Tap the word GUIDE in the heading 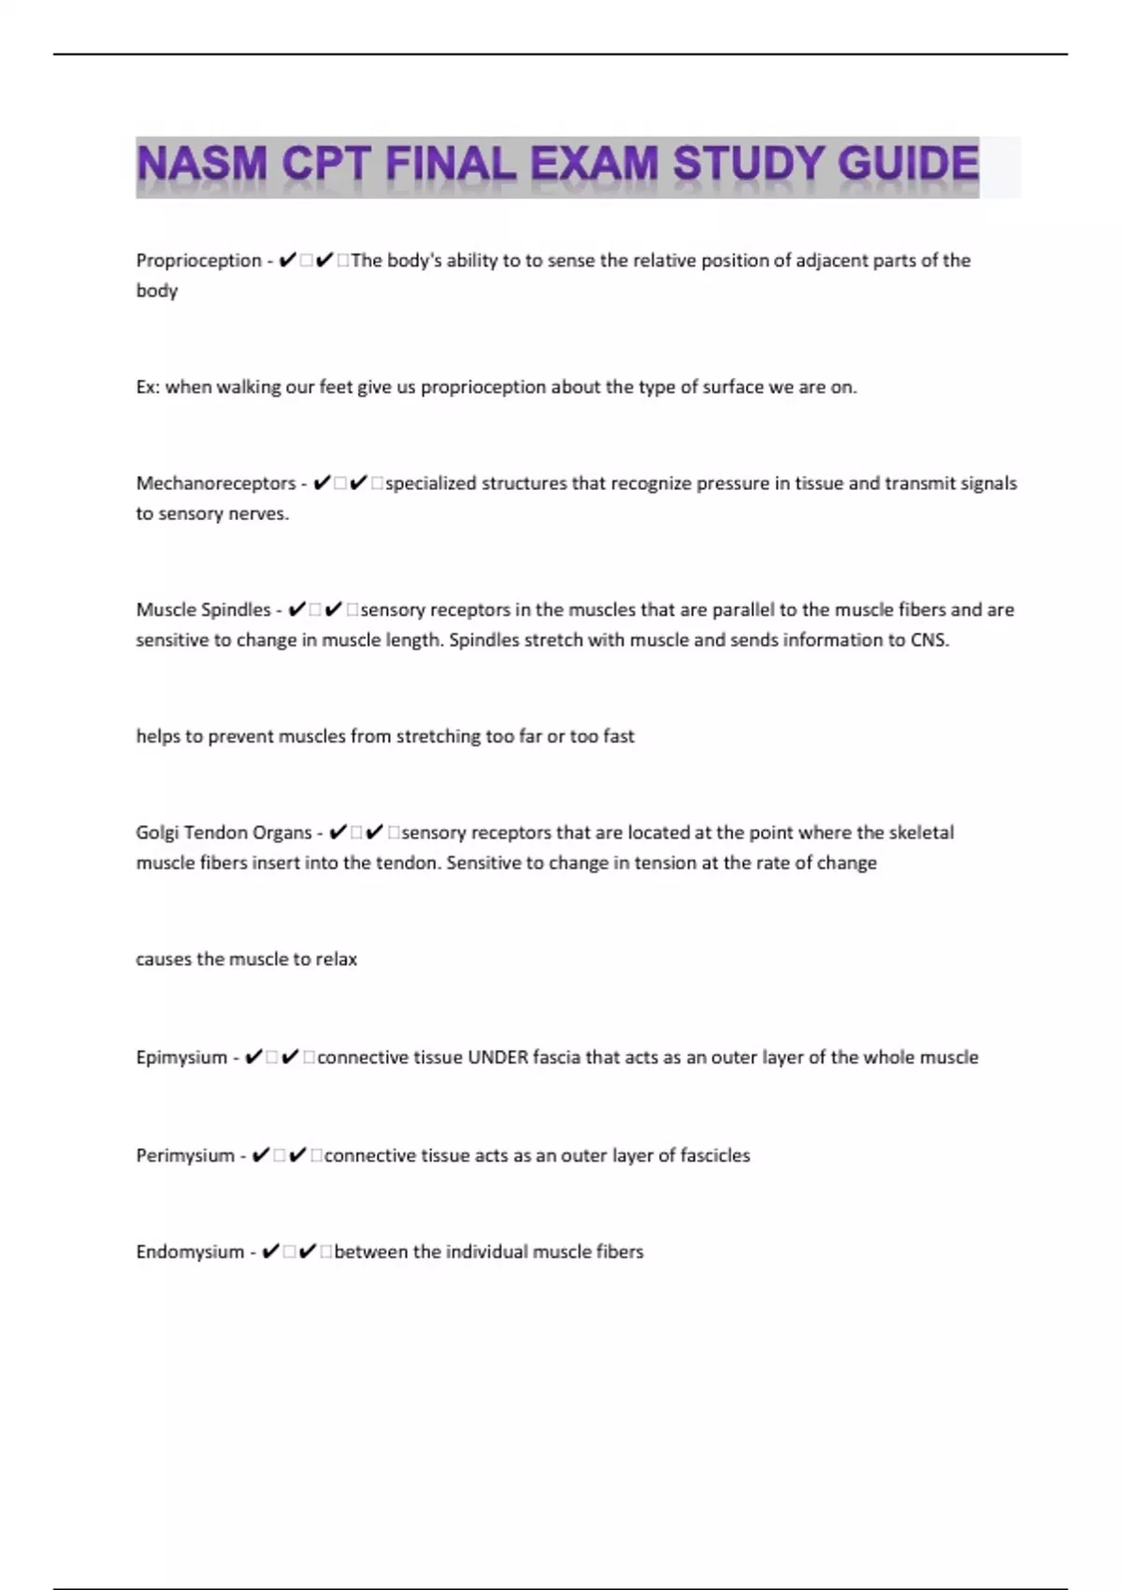(x=908, y=165)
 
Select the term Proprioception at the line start (x=198, y=261)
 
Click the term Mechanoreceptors (x=215, y=484)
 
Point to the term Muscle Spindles (x=203, y=610)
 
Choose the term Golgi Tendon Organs (x=223, y=832)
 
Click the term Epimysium (x=181, y=1058)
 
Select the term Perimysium (x=185, y=1156)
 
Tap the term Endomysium (x=190, y=1252)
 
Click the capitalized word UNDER (x=497, y=1058)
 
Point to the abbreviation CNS (x=929, y=641)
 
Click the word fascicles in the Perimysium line (x=714, y=1156)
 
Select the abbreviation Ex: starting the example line (x=148, y=387)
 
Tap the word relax (x=336, y=960)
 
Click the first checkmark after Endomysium (x=270, y=1252)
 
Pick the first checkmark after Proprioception (x=287, y=261)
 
